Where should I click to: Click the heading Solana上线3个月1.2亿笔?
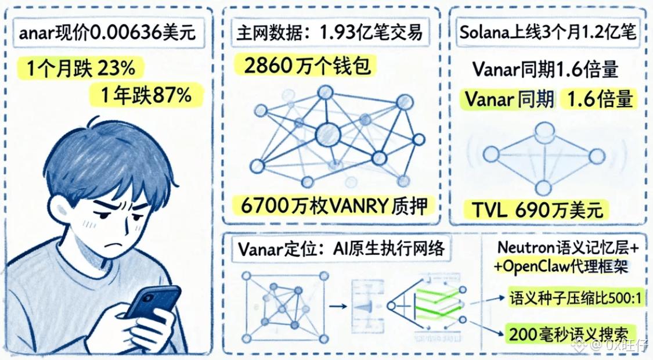[547, 33]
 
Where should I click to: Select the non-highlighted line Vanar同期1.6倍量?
[545, 70]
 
